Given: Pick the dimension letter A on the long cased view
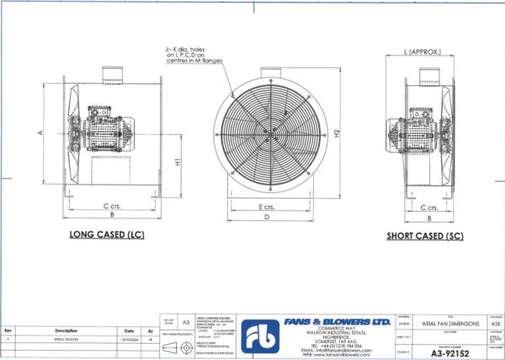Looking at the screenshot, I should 40,133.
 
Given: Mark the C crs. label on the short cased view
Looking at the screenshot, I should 427,205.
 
